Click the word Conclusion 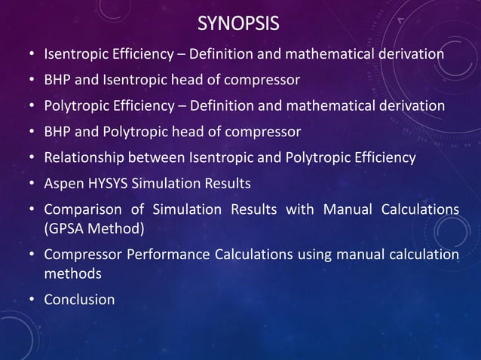(80, 300)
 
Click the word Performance (174, 255)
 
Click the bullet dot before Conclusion (31, 301)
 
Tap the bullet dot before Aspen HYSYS (31, 184)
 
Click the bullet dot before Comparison (31, 209)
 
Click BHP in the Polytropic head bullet (58, 133)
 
